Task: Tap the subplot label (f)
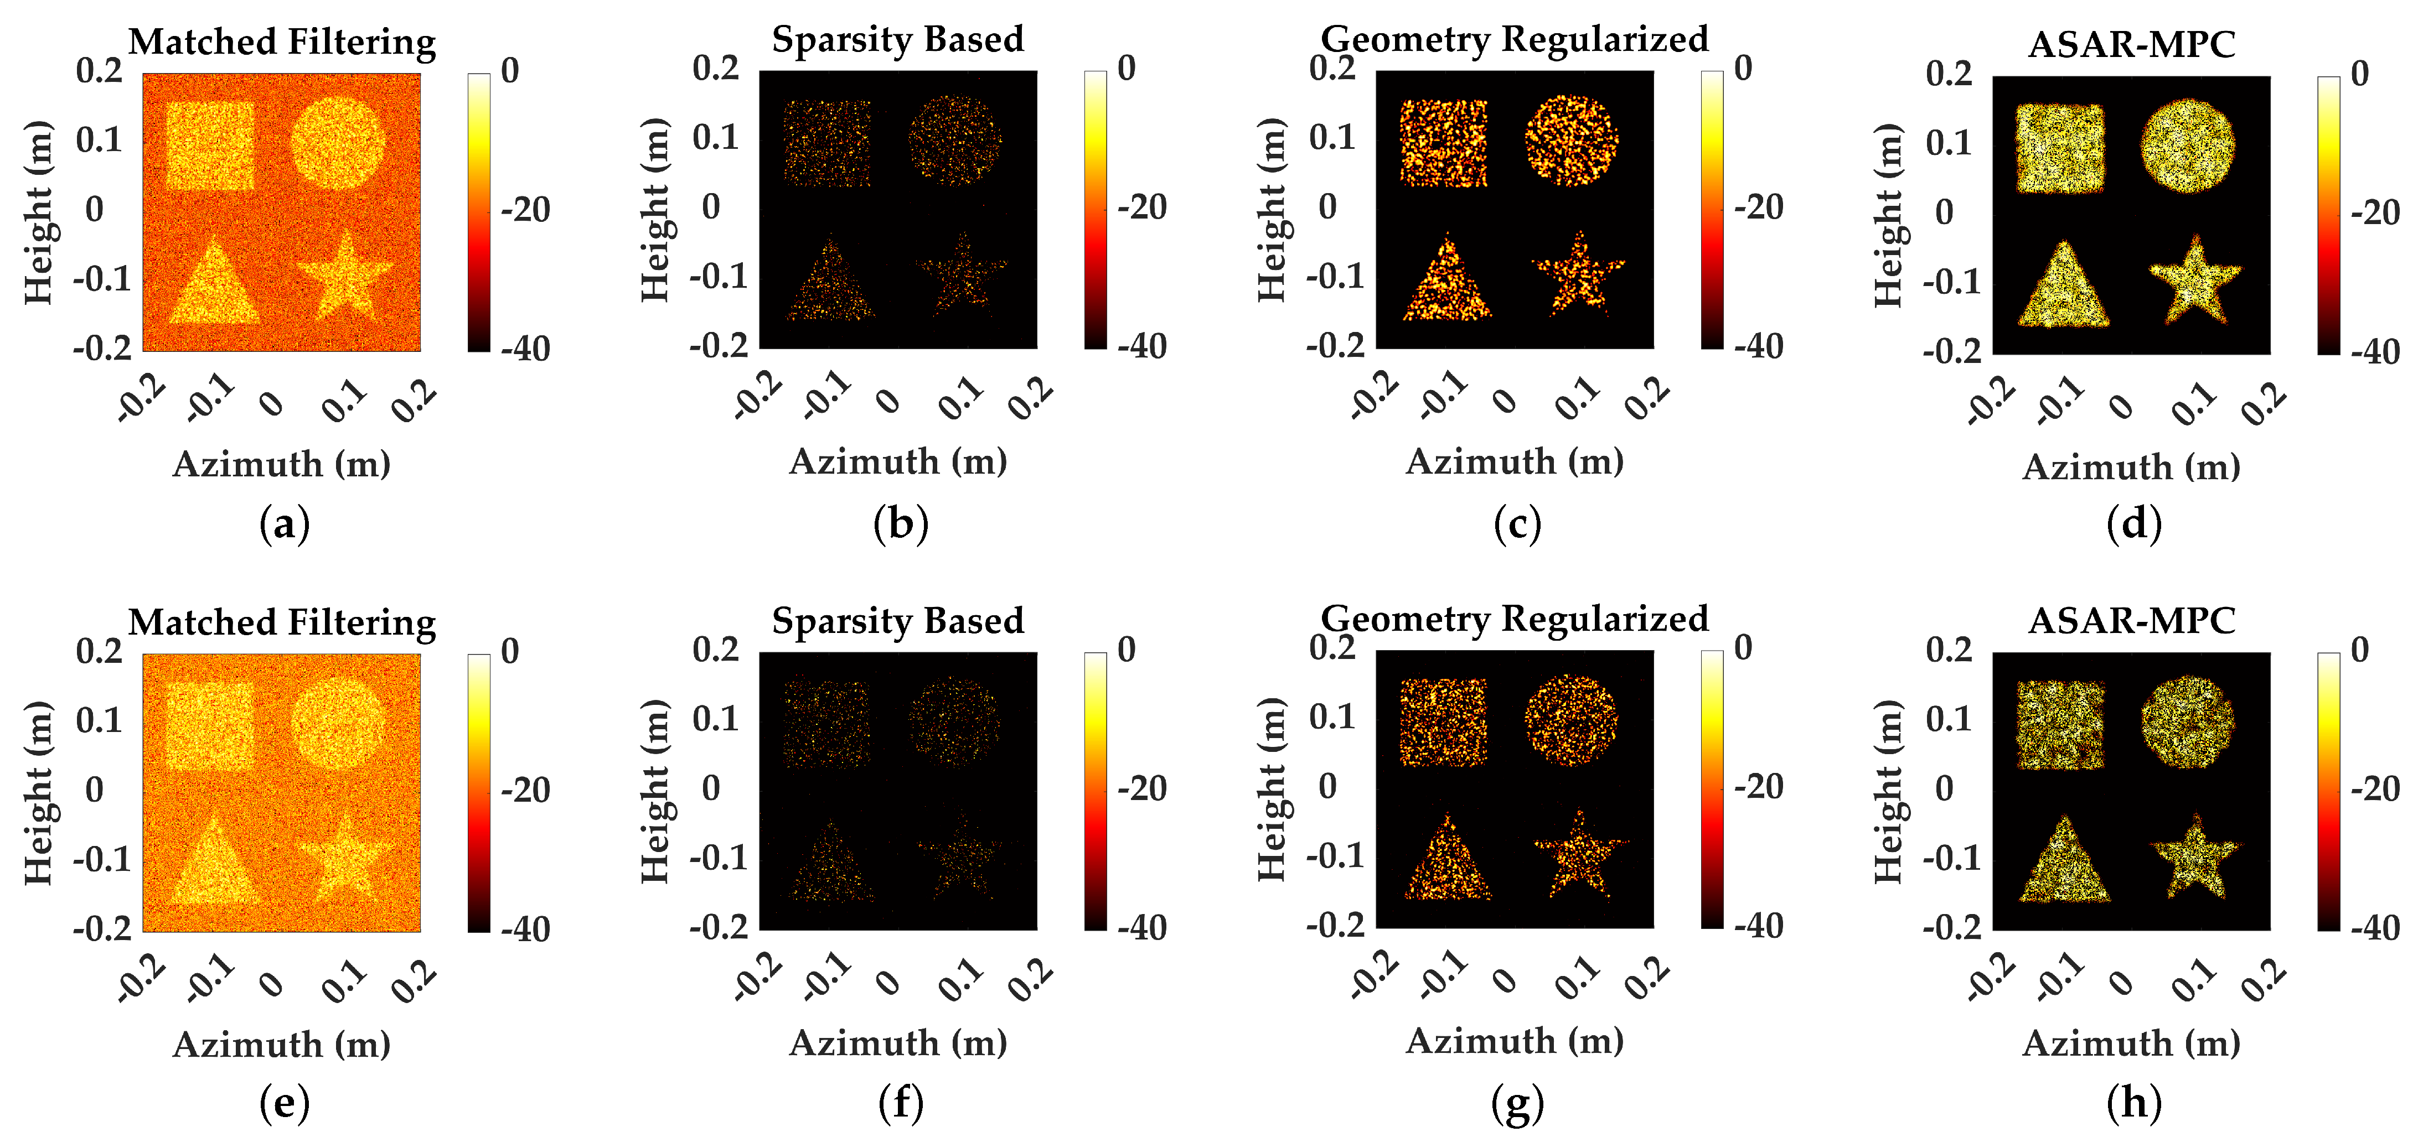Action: (900, 1102)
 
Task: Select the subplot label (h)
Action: (2133, 1102)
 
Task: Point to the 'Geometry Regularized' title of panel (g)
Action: (1514, 619)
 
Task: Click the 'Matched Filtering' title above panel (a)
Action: (282, 42)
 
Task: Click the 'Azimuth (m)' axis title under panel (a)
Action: (282, 464)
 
